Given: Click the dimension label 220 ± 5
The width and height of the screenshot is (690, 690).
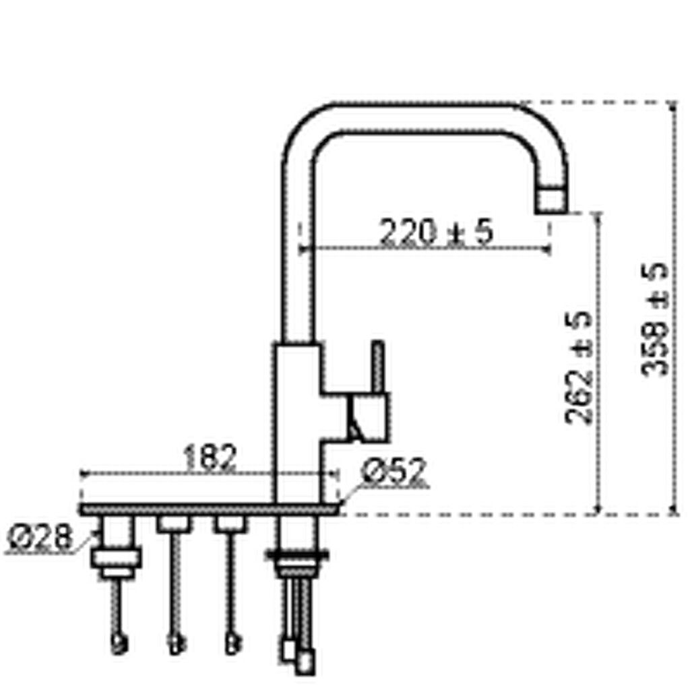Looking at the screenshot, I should tap(436, 232).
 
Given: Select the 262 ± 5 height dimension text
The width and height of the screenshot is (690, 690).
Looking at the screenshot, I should tap(579, 367).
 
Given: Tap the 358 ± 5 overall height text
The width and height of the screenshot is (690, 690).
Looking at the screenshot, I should tap(654, 319).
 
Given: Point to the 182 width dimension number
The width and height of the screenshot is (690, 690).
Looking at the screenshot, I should tap(210, 458).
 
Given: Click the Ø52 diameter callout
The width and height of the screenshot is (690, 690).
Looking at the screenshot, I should tap(394, 472).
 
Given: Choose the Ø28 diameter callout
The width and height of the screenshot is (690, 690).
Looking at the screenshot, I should tap(39, 538).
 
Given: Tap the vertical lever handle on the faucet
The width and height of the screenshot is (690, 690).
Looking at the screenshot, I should tap(379, 368).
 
